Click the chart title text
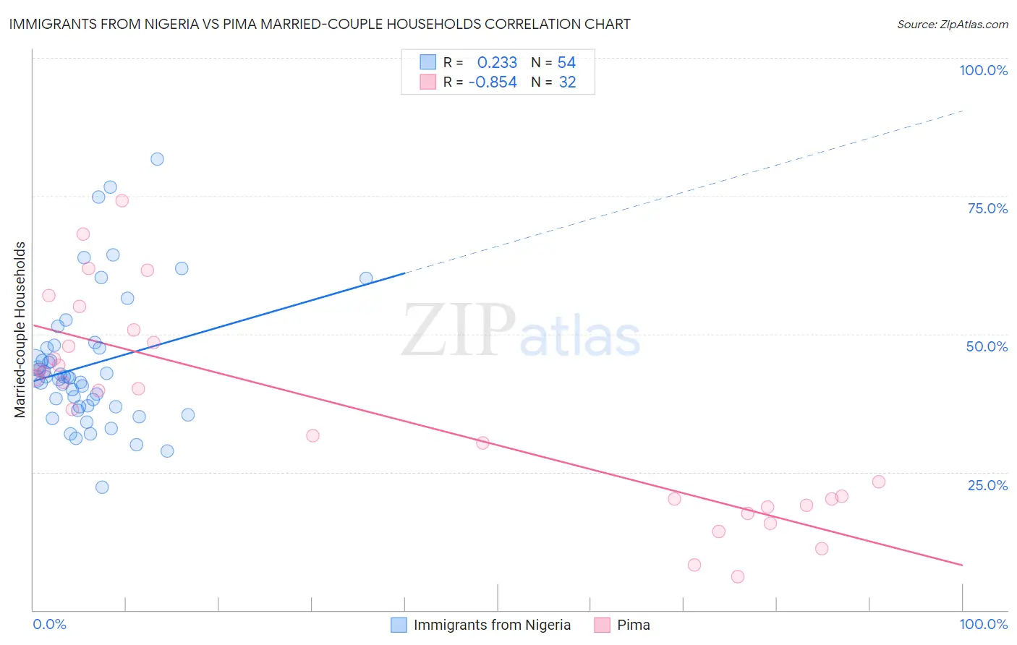coord(318,25)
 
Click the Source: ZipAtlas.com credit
coord(952,25)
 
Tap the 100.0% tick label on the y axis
coord(983,70)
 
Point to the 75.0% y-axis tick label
coord(987,208)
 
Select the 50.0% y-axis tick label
coord(987,346)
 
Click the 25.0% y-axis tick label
coord(987,485)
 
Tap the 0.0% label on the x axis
coord(49,624)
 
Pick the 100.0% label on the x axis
coord(983,624)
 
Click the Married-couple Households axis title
coord(20,330)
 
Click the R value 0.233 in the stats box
coord(497,63)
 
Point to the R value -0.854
coord(493,82)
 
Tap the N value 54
coord(566,63)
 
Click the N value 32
coord(567,82)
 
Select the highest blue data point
coord(157,159)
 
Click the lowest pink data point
coord(738,576)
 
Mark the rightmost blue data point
coord(366,278)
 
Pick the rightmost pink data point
coord(879,482)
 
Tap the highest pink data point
coord(122,201)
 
